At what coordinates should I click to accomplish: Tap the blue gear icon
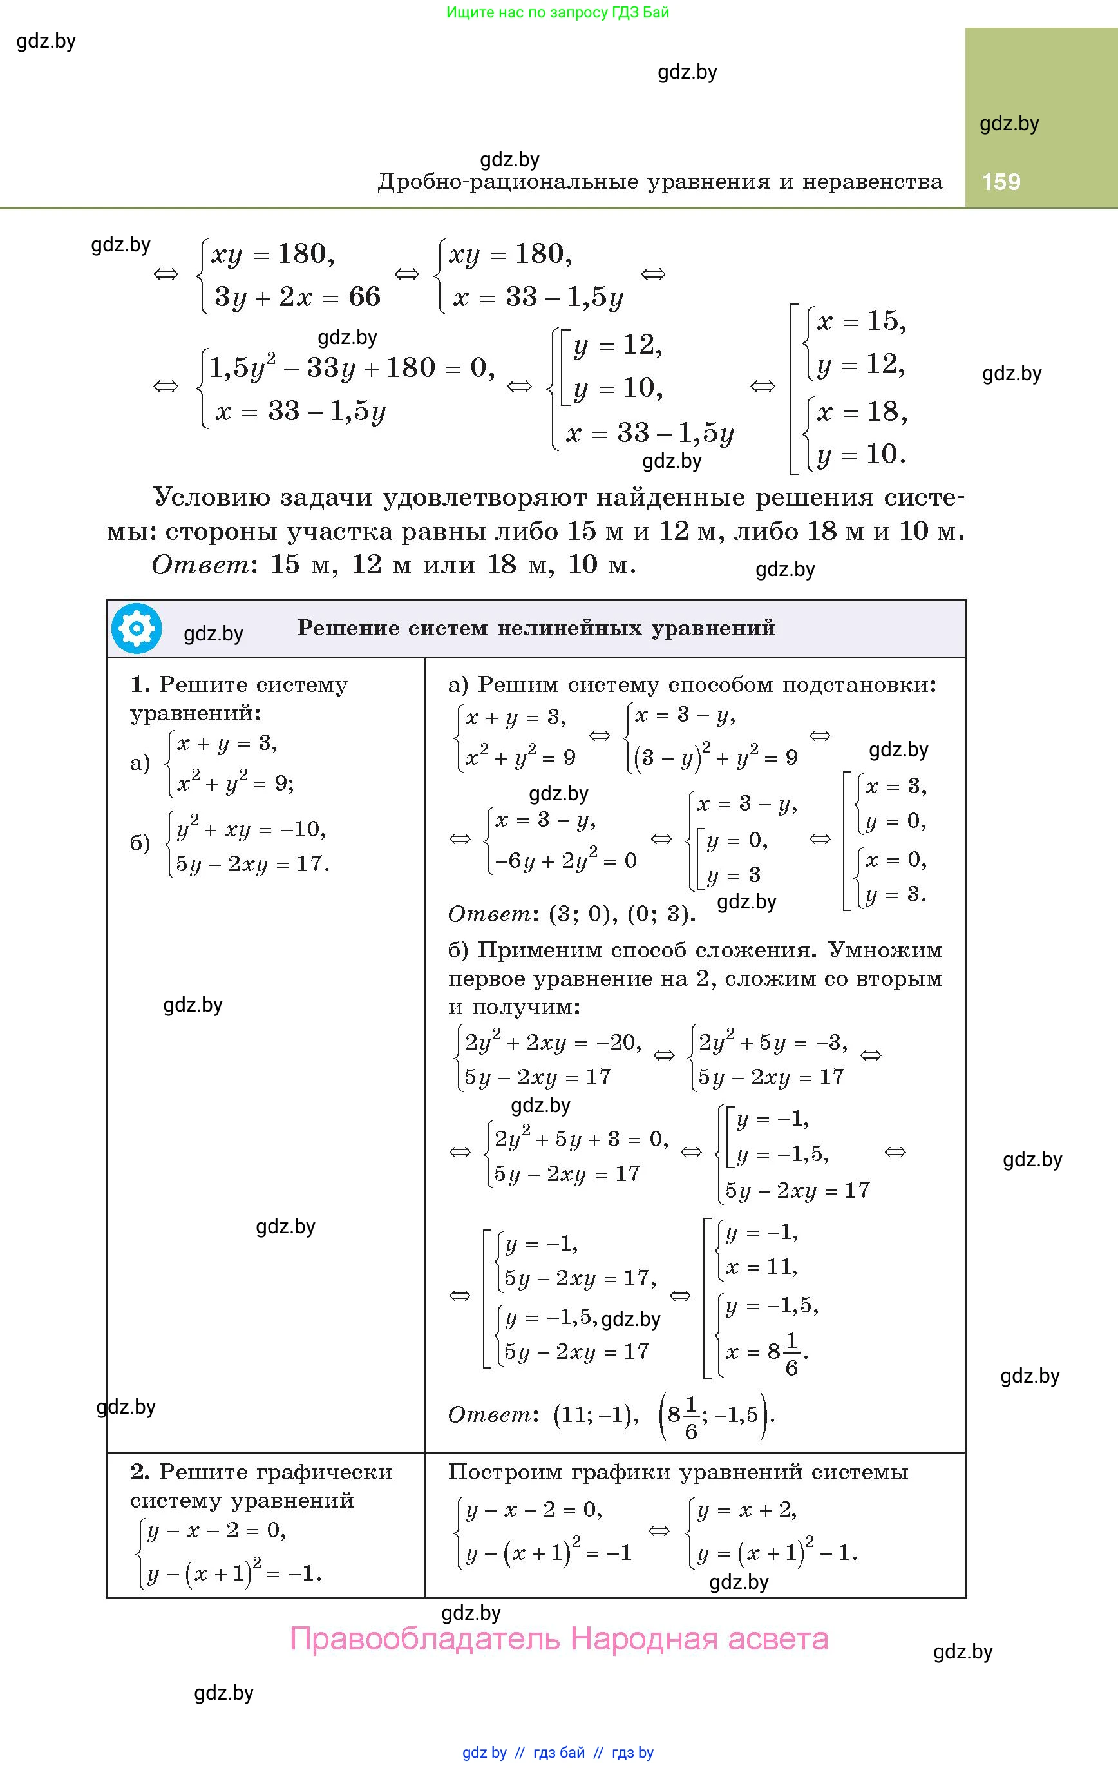[x=137, y=628]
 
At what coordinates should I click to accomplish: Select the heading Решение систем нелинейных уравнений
[x=536, y=628]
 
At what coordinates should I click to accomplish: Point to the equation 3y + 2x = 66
[x=298, y=296]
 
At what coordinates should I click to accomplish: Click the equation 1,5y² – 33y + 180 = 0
[x=352, y=367]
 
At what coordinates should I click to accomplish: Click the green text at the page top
[x=558, y=12]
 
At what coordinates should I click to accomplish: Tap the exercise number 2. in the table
[x=140, y=1472]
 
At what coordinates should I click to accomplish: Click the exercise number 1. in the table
[x=140, y=684]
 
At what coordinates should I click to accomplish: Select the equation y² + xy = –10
[x=251, y=829]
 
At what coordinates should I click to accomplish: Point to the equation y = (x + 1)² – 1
[x=777, y=1553]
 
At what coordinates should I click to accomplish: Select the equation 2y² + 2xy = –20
[x=553, y=1043]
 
